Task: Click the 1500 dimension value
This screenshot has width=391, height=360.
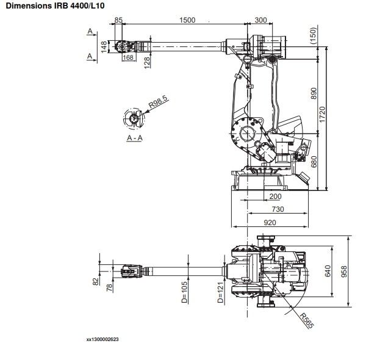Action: click(187, 20)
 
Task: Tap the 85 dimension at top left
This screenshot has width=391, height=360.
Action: click(118, 20)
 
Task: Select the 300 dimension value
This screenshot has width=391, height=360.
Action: click(261, 20)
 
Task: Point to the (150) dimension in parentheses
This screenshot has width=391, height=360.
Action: click(313, 35)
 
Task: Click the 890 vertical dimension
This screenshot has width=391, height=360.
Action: click(314, 93)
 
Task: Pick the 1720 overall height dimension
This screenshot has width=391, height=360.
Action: click(322, 114)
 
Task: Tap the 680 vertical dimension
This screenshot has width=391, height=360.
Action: click(314, 162)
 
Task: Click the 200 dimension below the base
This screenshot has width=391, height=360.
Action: click(275, 196)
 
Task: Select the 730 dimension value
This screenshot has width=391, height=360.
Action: click(278, 209)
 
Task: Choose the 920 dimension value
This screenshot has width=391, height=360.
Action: click(270, 223)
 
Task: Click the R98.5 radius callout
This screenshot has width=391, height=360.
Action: click(159, 101)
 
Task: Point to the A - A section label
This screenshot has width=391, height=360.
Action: click(135, 138)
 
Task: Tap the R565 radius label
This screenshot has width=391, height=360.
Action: click(306, 320)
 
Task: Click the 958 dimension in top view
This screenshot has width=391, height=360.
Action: click(344, 272)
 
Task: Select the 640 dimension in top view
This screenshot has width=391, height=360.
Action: click(328, 271)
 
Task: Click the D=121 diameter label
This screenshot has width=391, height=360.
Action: click(220, 292)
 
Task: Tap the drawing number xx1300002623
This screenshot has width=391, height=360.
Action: click(102, 339)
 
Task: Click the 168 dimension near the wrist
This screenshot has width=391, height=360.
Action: click(128, 57)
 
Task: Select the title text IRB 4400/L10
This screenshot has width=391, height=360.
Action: click(79, 5)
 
